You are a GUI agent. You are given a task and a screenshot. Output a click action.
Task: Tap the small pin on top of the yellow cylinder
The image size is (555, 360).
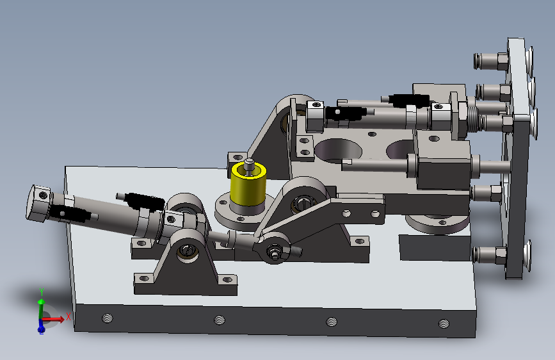point(249,165)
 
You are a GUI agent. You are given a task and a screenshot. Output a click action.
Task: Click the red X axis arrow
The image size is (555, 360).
point(53,320)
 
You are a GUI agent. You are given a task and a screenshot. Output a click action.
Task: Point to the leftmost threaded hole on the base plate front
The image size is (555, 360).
point(108,318)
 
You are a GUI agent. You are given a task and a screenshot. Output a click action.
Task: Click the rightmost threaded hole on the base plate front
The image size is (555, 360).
point(444,323)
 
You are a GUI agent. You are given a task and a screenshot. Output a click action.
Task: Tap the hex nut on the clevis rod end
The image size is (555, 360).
point(274,252)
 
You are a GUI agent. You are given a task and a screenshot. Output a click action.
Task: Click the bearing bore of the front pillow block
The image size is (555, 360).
point(188,251)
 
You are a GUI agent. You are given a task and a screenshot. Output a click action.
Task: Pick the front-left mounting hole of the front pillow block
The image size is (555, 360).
point(144,278)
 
